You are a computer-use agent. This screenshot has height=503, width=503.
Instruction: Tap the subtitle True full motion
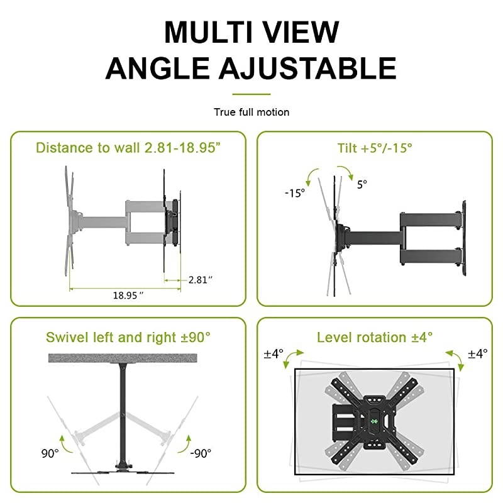251,112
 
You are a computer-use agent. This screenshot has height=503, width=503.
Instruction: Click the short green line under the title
251,94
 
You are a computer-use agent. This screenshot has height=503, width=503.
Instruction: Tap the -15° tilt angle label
294,193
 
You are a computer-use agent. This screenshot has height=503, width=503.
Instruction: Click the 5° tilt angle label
362,185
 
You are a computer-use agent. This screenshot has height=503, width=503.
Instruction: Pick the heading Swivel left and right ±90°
128,337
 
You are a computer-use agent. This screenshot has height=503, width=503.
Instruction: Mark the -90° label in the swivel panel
201,453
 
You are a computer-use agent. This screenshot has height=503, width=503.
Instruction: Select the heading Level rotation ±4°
375,337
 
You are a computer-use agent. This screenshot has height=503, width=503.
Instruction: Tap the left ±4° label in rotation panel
275,354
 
